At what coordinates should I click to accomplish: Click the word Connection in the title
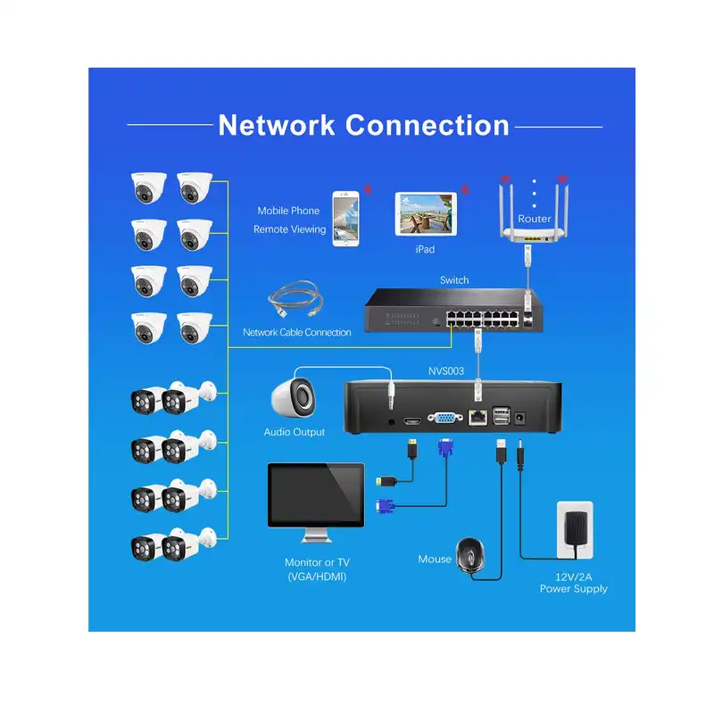click(427, 125)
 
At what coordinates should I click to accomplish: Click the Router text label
click(535, 219)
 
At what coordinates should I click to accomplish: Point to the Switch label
click(454, 280)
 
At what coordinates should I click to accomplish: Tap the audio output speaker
click(294, 395)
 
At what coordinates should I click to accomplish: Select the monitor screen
click(316, 497)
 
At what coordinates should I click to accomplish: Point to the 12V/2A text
click(573, 577)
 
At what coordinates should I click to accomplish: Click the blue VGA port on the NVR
click(444, 417)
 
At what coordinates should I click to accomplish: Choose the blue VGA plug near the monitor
click(381, 509)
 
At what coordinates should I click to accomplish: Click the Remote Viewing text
click(288, 229)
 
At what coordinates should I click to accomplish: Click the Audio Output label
click(295, 432)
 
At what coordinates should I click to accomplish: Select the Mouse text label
click(435, 560)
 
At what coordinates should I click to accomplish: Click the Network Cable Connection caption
click(297, 332)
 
